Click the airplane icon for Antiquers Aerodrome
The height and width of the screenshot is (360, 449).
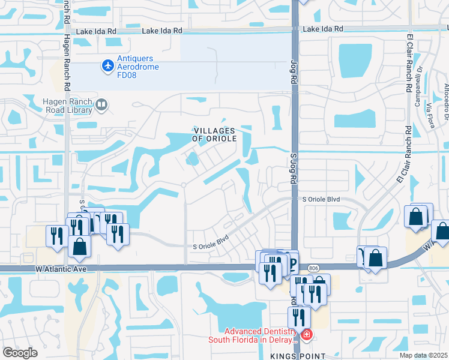coord(108,65)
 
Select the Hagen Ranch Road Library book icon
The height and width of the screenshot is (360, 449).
coord(101,106)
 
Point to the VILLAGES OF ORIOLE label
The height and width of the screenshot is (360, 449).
coord(214,134)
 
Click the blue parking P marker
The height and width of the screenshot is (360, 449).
coord(292,262)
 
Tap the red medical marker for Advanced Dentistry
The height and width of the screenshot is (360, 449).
coord(306,334)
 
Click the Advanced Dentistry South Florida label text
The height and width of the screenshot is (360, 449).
coord(253,335)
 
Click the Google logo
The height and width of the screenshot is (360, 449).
coord(20,353)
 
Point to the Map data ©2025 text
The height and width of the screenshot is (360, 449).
coord(423,355)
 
